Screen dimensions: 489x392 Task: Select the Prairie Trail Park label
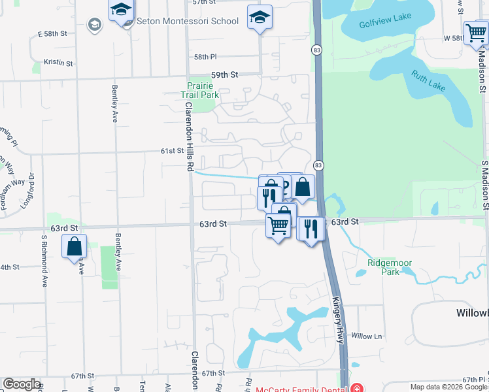[199, 90]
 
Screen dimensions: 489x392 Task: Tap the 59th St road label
[223, 76]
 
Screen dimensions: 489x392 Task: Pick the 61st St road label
[173, 151]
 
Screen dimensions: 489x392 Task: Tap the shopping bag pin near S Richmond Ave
[74, 247]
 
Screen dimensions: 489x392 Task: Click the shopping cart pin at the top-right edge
[475, 33]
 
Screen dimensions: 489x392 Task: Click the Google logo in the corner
[22, 384]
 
